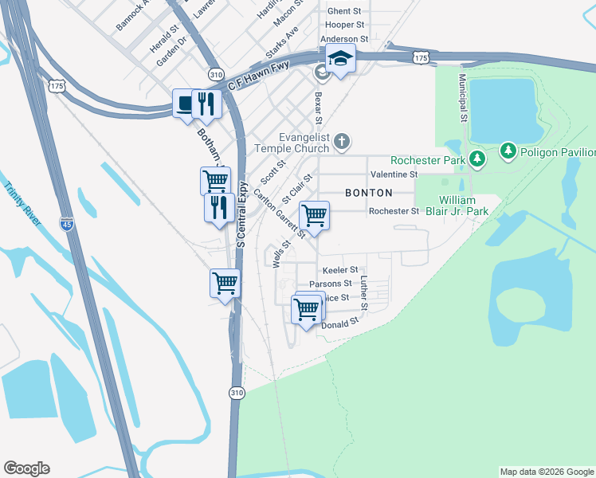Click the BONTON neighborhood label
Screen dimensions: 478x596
(x=368, y=193)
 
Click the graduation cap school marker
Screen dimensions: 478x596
(x=340, y=59)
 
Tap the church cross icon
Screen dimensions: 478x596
(x=342, y=142)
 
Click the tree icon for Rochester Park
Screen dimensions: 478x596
(x=477, y=159)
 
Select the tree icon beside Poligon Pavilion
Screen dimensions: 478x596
(x=509, y=151)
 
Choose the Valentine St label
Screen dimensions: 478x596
(x=394, y=174)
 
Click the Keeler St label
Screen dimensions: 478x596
(x=341, y=270)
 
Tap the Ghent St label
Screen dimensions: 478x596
(x=344, y=11)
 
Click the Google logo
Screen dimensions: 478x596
(x=26, y=468)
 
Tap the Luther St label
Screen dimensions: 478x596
(x=363, y=294)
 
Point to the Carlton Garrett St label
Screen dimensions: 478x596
(x=280, y=214)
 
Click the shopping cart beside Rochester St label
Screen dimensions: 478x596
(x=314, y=215)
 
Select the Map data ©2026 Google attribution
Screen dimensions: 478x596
(x=547, y=472)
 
